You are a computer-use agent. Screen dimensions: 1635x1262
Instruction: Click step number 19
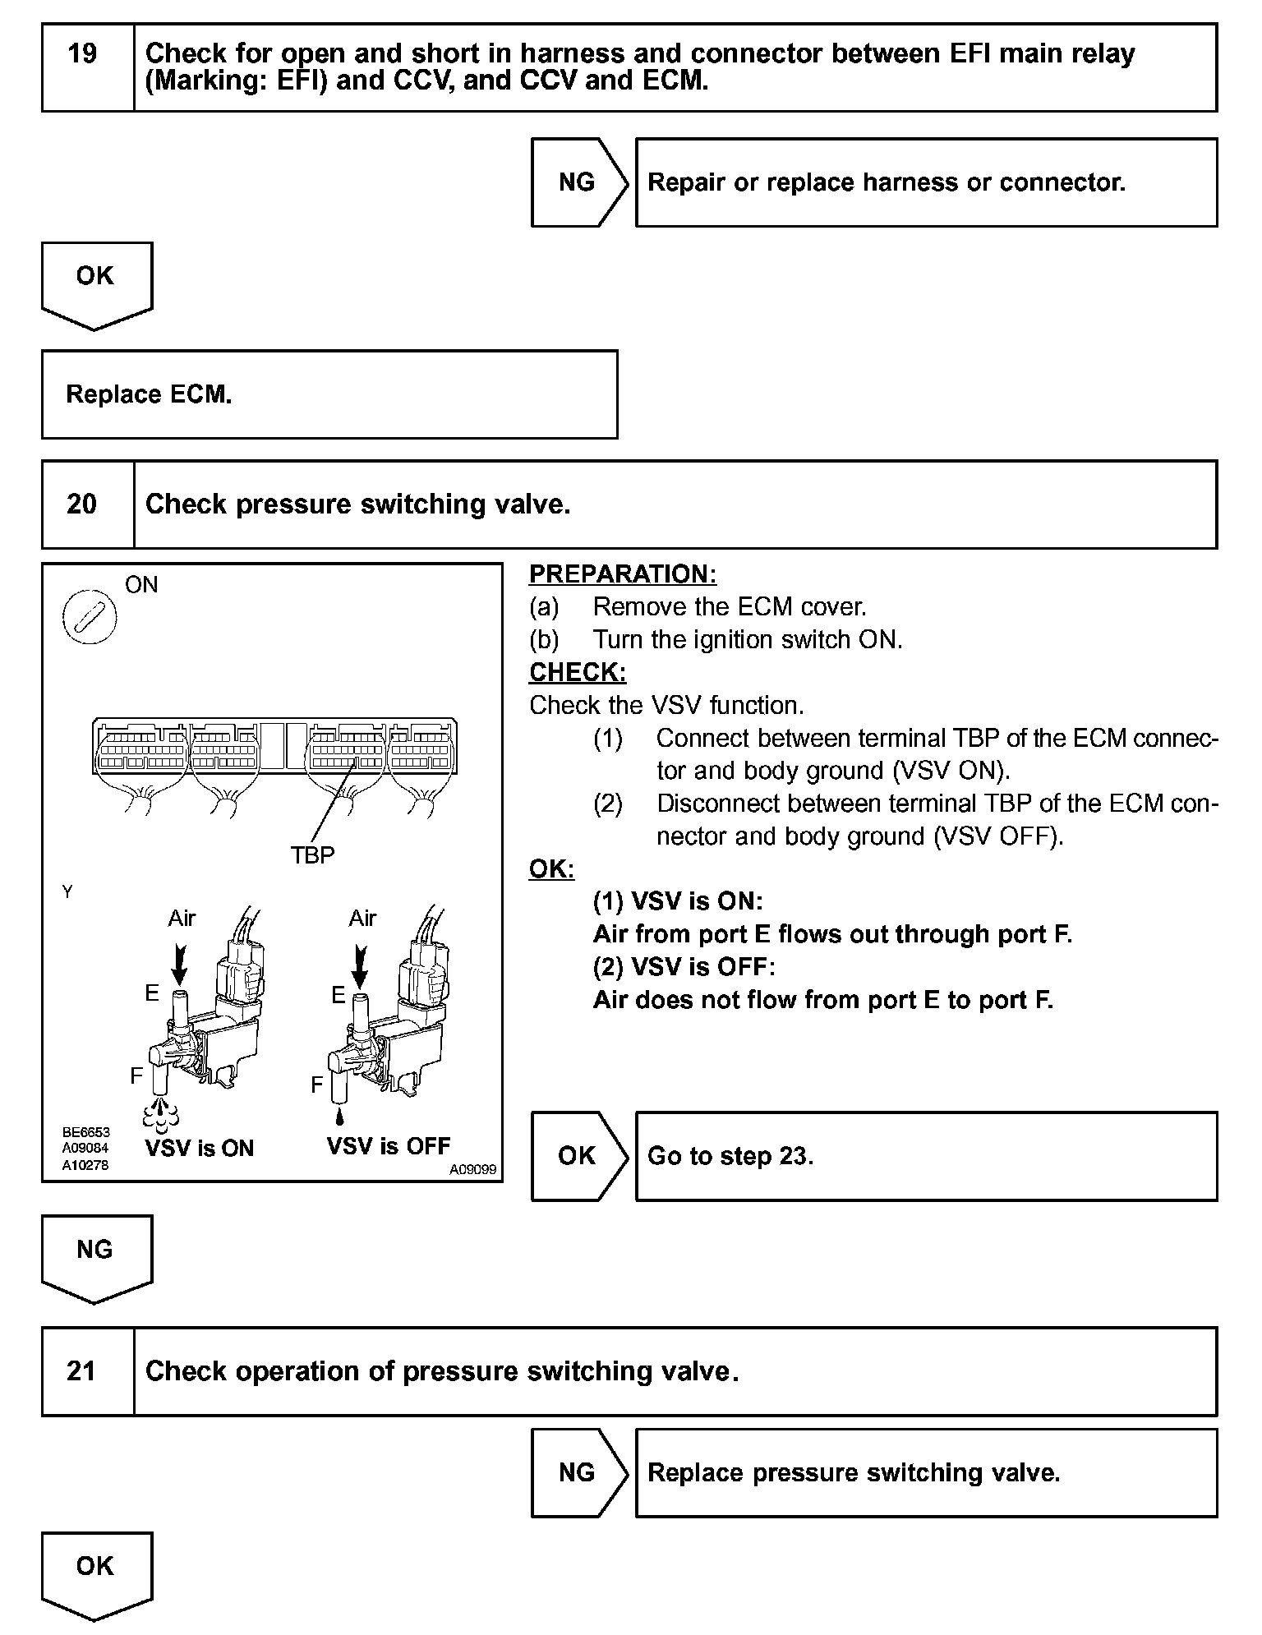(x=82, y=54)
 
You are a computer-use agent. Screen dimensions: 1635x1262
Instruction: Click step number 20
(x=82, y=504)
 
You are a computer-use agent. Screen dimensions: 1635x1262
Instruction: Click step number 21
(x=81, y=1371)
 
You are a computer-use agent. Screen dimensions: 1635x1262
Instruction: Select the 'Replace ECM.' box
(x=329, y=394)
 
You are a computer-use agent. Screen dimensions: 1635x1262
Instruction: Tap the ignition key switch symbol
(x=90, y=616)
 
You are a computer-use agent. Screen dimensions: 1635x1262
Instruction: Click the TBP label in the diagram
(x=312, y=856)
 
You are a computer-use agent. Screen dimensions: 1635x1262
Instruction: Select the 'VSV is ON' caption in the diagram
(x=200, y=1148)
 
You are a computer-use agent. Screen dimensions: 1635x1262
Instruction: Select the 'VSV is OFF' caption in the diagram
(x=389, y=1145)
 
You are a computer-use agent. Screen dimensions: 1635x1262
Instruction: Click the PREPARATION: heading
(x=623, y=574)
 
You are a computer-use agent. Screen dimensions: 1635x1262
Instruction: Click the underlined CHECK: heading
(x=578, y=672)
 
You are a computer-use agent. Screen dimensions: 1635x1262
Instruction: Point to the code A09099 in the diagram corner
(x=472, y=1169)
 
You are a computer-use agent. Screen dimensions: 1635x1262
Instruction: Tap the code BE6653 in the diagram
(x=85, y=1132)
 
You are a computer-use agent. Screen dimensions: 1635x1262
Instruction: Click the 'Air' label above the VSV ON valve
(x=182, y=918)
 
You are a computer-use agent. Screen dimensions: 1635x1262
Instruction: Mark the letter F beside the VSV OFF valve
(x=317, y=1085)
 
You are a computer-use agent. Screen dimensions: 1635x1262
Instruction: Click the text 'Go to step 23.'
(x=730, y=1156)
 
